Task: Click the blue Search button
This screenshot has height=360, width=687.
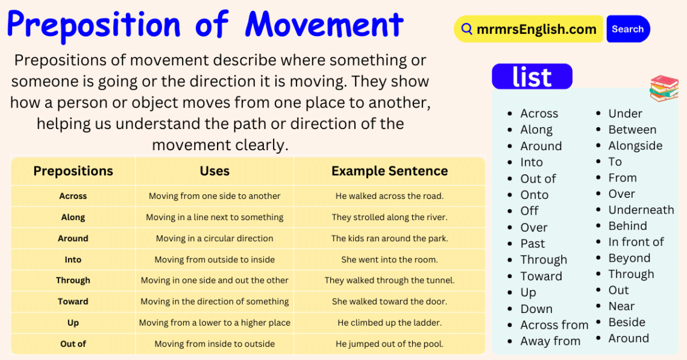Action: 627,29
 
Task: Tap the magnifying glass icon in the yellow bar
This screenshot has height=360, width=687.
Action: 466,29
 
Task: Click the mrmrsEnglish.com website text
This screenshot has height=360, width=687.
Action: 536,29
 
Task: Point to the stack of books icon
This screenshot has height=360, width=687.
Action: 663,88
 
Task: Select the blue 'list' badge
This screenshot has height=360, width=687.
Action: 532,77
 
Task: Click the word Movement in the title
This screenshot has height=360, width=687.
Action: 324,25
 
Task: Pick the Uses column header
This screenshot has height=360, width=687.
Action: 215,171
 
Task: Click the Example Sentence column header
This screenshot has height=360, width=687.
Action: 389,171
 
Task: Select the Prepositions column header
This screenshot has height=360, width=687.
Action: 73,171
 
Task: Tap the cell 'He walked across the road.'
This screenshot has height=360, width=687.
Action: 389,196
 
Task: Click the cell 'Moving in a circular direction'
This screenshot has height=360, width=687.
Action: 215,238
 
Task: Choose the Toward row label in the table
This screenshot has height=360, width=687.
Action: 73,302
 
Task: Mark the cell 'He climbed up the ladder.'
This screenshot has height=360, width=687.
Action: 389,323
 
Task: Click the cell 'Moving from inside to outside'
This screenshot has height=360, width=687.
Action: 215,344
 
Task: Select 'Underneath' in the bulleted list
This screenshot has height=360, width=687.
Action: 641,210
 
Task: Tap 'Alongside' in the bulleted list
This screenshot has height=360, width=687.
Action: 635,145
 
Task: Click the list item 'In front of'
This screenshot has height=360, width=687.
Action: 636,242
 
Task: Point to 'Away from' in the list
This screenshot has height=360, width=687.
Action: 550,341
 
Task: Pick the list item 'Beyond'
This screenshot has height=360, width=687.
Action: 629,258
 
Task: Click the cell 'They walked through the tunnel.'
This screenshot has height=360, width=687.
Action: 389,280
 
